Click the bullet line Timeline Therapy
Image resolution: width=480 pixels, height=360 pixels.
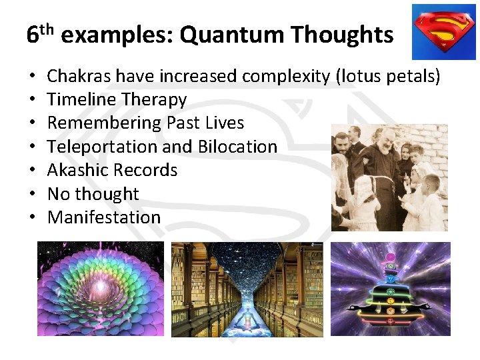pyautogui.click(x=117, y=100)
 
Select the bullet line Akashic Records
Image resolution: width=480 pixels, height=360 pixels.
pyautogui.click(x=112, y=170)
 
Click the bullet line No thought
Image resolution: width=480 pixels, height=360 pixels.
pyautogui.click(x=93, y=194)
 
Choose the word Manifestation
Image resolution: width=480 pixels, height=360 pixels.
pyautogui.click(x=104, y=217)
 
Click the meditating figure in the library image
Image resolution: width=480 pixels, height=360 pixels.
pyautogui.click(x=247, y=319)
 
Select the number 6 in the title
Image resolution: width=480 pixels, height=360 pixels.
pyautogui.click(x=33, y=35)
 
